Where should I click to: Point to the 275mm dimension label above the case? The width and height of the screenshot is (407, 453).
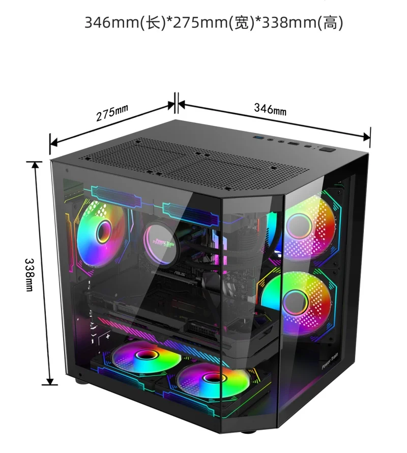112,114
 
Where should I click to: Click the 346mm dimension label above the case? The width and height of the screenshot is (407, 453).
270,108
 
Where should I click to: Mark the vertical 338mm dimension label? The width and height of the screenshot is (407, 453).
29,274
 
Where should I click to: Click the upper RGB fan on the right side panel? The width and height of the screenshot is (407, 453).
308,228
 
